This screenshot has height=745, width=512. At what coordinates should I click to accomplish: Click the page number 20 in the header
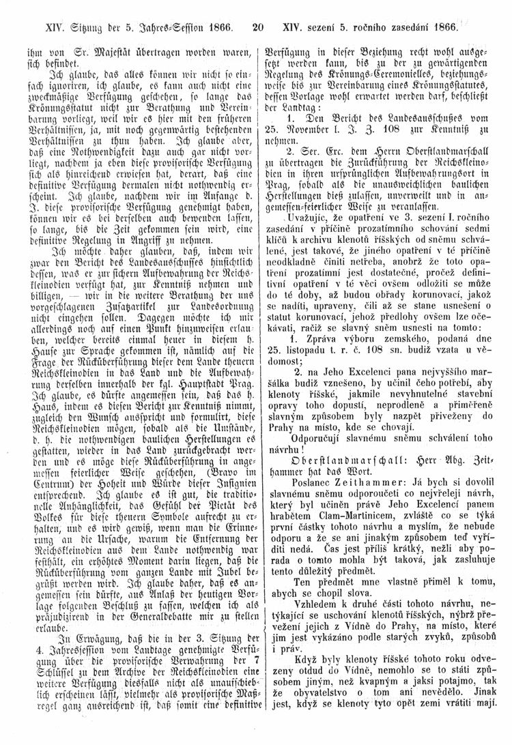click(257, 29)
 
